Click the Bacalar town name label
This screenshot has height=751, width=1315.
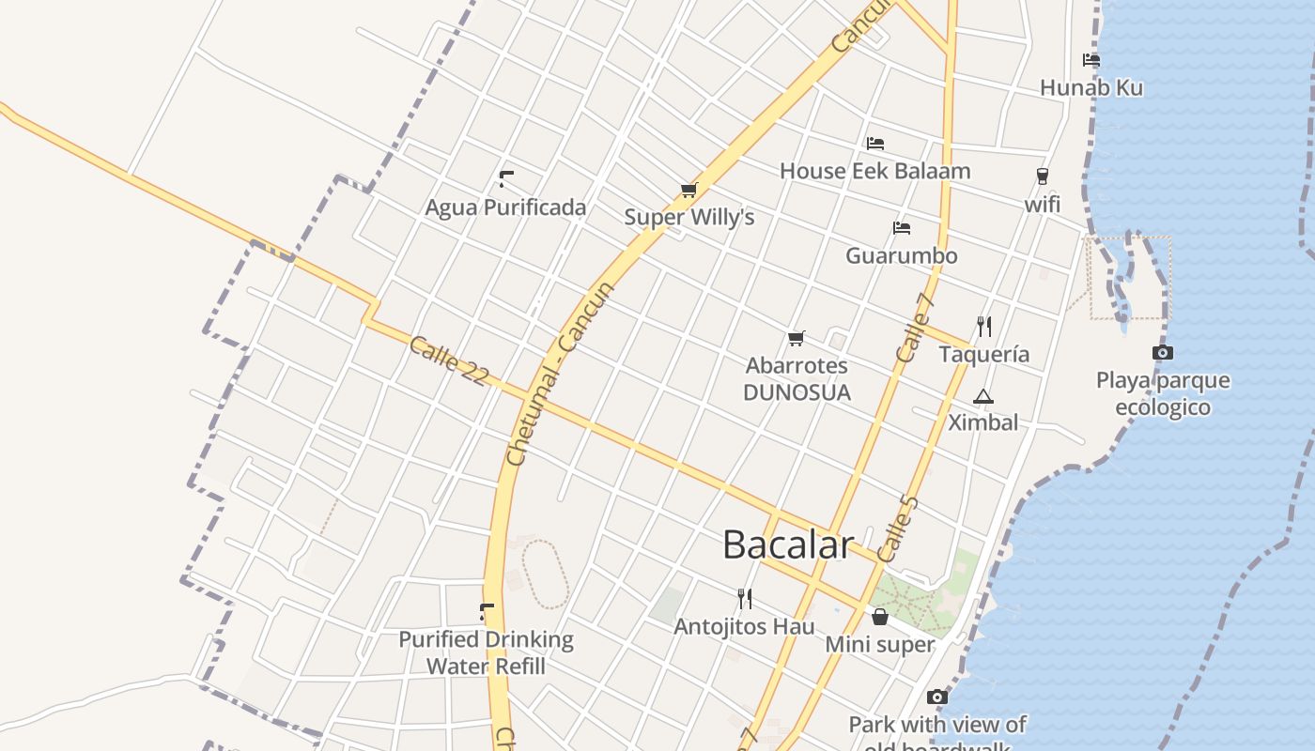tap(788, 544)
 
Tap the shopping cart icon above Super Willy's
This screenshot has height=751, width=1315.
tap(688, 191)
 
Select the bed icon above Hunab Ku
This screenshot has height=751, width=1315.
tap(1091, 60)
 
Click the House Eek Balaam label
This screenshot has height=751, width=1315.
tap(874, 171)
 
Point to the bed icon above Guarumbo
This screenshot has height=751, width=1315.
tap(902, 228)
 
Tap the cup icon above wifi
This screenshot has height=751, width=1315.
tap(1042, 176)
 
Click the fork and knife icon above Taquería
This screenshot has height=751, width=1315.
tap(984, 326)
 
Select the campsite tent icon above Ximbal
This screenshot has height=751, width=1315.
tap(983, 396)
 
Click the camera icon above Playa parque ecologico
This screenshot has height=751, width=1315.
tap(1163, 353)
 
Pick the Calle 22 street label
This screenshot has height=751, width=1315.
tap(449, 360)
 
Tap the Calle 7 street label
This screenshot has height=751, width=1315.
tap(914, 328)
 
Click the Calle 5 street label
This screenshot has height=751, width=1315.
tap(897, 529)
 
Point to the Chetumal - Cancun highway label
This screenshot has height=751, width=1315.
tap(559, 374)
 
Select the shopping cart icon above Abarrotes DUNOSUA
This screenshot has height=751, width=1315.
tap(797, 338)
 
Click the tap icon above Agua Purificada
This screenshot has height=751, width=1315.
tap(506, 179)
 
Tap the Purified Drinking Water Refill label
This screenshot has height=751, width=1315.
tap(486, 652)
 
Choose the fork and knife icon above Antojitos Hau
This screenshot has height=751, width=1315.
tap(745, 598)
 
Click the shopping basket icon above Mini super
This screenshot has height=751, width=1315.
tap(880, 617)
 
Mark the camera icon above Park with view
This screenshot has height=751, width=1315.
tap(936, 697)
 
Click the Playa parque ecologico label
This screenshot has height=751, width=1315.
tap(1163, 393)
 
